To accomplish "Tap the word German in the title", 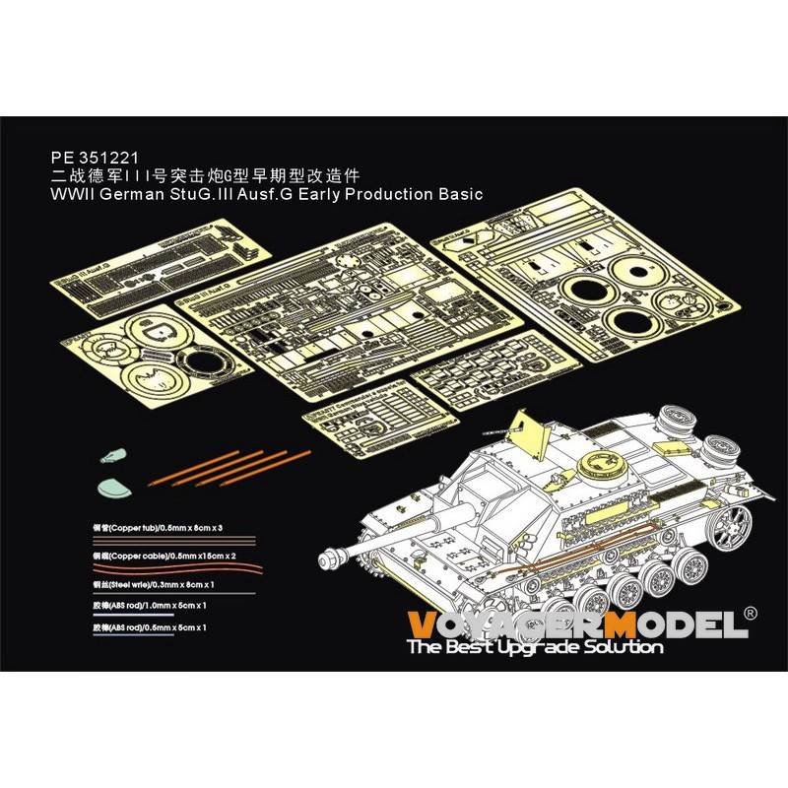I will click(126, 193).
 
